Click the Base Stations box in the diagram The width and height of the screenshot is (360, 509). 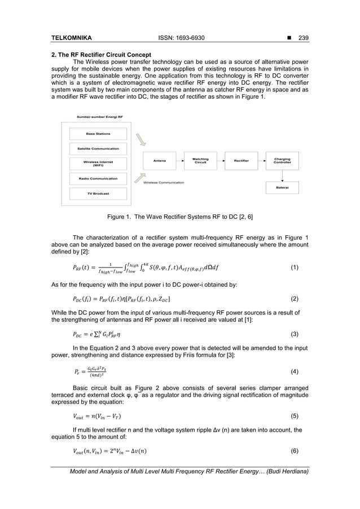[98, 134]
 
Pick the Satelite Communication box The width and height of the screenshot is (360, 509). [98, 148]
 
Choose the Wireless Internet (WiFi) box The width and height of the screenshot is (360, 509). [98, 164]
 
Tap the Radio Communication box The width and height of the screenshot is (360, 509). [98, 178]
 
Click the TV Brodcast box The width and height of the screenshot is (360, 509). [98, 194]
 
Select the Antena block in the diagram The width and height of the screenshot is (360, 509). [160, 161]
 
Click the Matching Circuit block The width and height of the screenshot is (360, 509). [200, 161]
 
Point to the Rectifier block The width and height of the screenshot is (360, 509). [241, 161]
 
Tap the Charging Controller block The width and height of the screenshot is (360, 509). [282, 161]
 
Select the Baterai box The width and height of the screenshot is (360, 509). [282, 188]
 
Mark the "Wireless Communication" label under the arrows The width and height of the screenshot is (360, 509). [164, 183]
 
